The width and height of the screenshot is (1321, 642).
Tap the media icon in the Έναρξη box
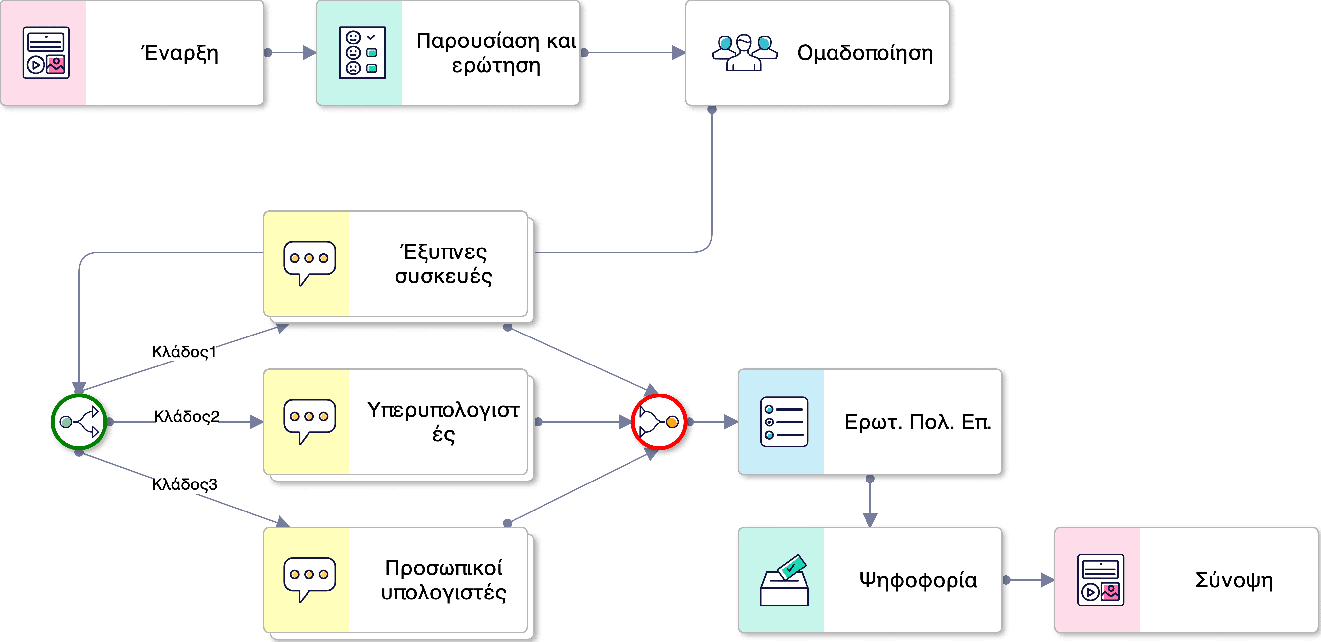(46, 53)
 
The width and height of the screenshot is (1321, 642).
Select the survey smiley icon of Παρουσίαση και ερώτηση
(362, 53)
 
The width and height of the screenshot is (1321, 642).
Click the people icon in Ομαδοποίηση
(744, 53)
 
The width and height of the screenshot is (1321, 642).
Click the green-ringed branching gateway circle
(79, 422)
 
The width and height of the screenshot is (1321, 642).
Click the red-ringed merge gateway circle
(659, 422)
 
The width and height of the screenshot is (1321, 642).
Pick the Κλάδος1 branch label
(184, 352)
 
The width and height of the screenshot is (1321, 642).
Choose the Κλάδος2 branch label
(186, 416)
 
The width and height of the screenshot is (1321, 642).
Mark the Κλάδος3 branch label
(185, 484)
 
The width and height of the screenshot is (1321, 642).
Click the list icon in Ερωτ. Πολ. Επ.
(784, 422)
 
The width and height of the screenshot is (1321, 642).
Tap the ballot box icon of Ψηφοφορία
(784, 580)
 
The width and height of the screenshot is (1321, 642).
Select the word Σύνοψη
(1234, 580)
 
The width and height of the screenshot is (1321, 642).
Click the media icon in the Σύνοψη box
(1101, 580)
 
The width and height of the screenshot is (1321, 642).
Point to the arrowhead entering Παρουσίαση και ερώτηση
(309, 53)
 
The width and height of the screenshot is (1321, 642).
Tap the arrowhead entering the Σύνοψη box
(1047, 580)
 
